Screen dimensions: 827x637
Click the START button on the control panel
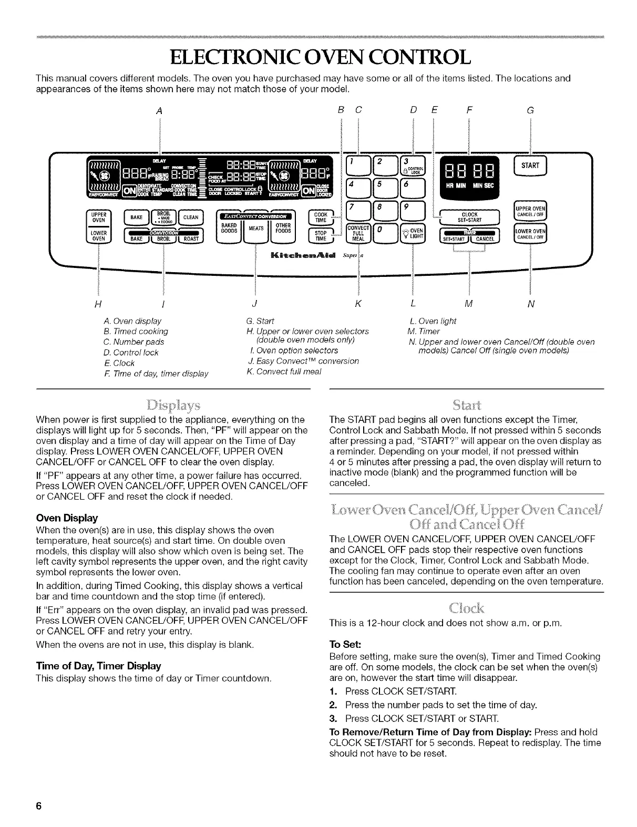click(530, 166)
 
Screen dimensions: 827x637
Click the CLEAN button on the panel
click(190, 217)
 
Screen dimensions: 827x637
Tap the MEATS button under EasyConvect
click(255, 228)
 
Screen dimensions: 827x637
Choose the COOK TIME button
click(321, 218)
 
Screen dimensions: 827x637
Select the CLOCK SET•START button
click(469, 217)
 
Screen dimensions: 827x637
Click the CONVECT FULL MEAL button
click(358, 233)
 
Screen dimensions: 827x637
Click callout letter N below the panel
click(531, 304)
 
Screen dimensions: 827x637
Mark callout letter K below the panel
click(358, 304)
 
